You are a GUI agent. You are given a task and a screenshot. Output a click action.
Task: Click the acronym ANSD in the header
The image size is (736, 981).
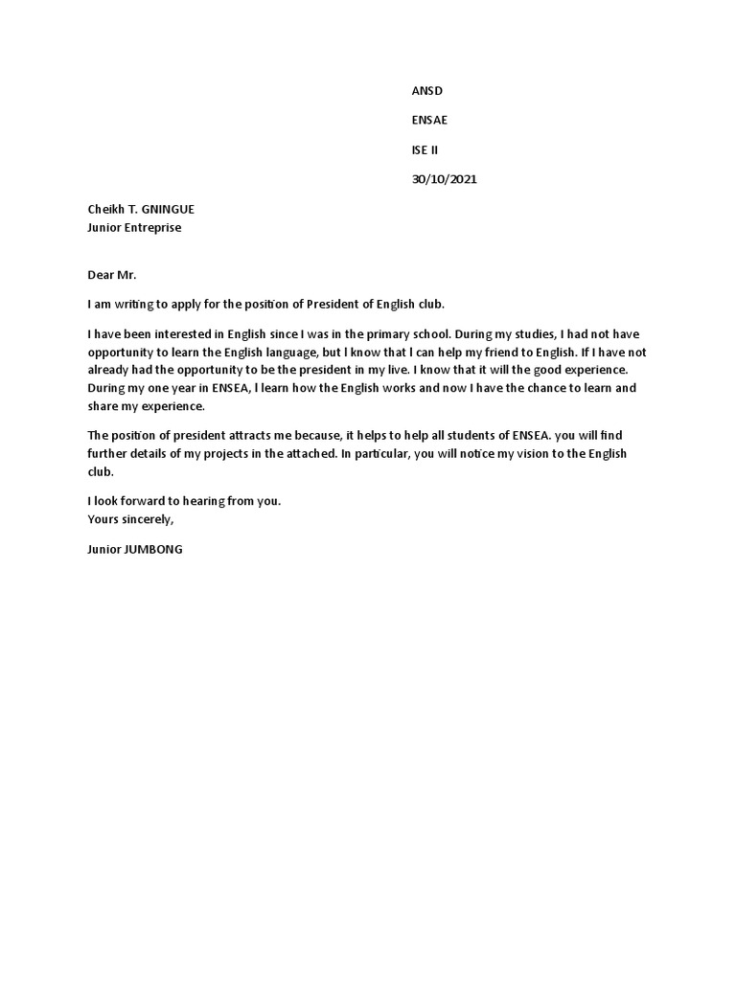[x=426, y=90]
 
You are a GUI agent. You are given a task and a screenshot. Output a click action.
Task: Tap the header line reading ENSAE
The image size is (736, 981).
[x=428, y=120]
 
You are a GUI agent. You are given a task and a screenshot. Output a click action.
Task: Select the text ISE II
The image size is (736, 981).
[x=425, y=149]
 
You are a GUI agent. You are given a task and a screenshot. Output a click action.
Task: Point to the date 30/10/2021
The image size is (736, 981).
[x=444, y=179]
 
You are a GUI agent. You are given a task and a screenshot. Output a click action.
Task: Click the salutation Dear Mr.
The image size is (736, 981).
[x=112, y=275]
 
